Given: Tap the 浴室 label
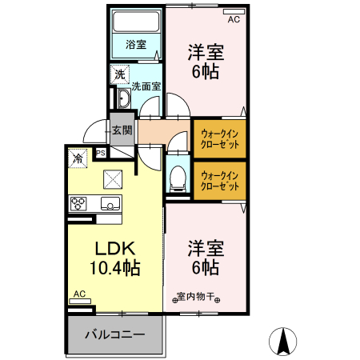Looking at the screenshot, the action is (136, 44).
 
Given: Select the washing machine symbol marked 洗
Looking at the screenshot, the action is (120, 74).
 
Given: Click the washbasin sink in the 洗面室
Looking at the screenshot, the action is (123, 98).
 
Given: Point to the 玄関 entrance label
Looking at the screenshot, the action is (122, 130).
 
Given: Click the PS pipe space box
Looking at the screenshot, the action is (101, 154).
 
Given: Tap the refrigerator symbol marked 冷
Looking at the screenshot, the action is (78, 158).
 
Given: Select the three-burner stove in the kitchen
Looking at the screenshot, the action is (78, 203).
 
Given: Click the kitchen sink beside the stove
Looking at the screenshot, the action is (110, 203).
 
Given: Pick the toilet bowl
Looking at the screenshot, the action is (178, 178).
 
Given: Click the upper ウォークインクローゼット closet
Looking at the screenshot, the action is (220, 138).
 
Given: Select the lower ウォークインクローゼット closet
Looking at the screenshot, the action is (220, 181).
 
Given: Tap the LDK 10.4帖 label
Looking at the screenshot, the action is (115, 258).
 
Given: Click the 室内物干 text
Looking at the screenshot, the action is (196, 296).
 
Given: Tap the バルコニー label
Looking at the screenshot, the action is (115, 334).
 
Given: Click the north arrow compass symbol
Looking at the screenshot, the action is (283, 342).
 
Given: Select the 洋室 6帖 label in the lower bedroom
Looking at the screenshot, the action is (206, 258).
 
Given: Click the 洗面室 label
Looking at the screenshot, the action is (146, 86).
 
